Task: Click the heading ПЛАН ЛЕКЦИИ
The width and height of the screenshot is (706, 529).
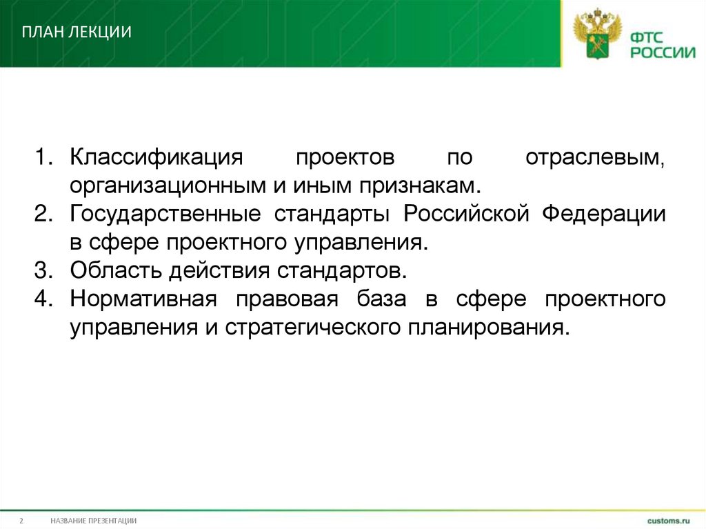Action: [x=77, y=32]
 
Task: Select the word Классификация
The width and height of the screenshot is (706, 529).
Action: [x=157, y=157]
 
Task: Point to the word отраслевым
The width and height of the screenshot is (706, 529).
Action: [x=596, y=157]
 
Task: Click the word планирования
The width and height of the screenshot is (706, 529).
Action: [x=487, y=328]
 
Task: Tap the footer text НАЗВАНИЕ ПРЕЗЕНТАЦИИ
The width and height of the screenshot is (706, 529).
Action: [x=93, y=520]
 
